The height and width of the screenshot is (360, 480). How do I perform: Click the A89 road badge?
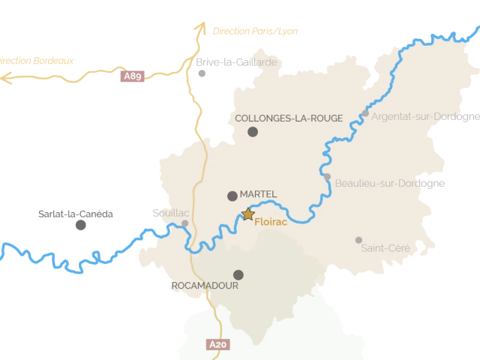coord(133,76)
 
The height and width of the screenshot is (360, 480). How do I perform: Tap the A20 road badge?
coord(216,344)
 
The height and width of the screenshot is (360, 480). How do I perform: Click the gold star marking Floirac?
coord(248,214)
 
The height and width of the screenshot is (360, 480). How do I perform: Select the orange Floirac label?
coord(271,222)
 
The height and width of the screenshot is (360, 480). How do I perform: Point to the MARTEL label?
coord(258,194)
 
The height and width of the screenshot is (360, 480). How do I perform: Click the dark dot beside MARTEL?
coord(232,196)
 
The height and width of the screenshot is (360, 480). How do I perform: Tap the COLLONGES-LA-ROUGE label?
coord(289,118)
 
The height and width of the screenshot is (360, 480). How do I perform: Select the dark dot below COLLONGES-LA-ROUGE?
coord(253,132)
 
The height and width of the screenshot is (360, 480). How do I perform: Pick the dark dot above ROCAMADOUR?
coord(238,274)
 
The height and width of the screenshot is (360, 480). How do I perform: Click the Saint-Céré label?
coord(386,247)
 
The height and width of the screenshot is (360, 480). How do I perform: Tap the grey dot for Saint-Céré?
coord(358,240)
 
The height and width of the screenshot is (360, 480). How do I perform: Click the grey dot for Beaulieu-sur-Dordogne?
coord(327,177)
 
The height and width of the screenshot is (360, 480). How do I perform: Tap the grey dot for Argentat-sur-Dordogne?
coord(365,113)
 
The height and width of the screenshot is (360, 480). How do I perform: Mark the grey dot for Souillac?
coord(184,223)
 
